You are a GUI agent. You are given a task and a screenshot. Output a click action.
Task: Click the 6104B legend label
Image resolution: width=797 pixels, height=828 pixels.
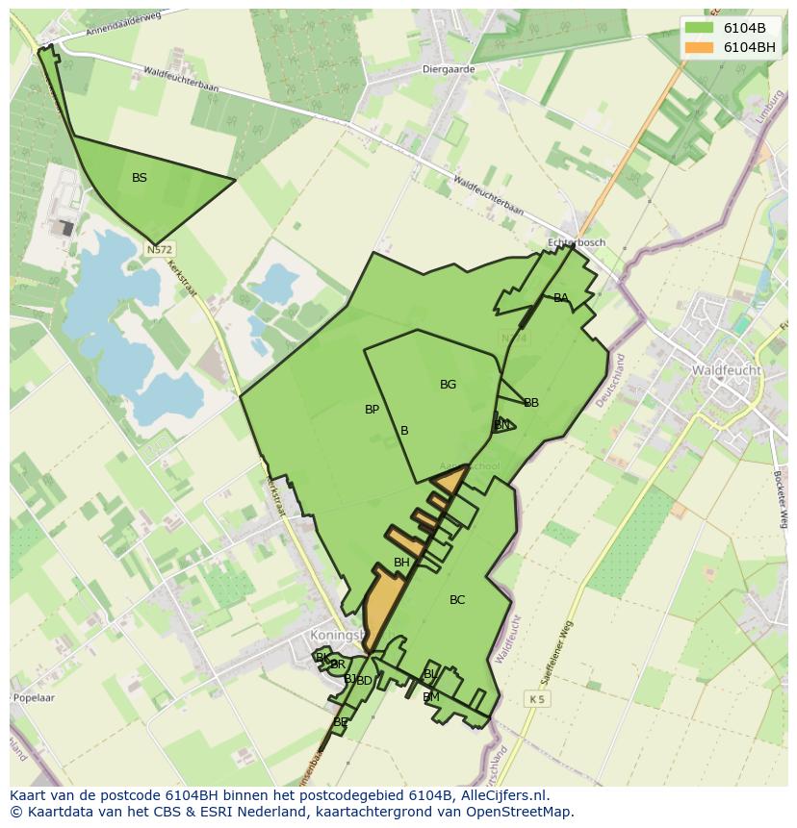point(744,28)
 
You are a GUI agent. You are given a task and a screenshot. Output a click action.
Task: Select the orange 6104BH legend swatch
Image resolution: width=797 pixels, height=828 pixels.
point(700,47)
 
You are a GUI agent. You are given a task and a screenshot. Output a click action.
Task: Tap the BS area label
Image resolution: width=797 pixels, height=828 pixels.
point(140,178)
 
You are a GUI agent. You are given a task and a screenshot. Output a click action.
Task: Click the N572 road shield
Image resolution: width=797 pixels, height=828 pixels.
point(160,249)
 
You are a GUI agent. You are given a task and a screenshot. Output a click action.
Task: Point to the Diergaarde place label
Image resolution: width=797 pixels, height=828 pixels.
point(450,69)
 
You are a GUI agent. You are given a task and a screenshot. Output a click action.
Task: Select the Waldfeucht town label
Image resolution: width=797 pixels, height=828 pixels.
point(726,370)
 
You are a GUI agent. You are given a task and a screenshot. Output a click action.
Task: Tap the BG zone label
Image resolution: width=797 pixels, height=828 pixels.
point(448,385)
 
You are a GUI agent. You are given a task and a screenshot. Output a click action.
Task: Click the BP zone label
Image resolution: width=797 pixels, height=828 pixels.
point(372,410)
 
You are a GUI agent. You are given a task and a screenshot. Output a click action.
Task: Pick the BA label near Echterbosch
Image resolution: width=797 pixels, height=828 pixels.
point(560,298)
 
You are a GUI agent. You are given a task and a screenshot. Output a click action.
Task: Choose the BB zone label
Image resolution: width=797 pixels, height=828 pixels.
point(530,403)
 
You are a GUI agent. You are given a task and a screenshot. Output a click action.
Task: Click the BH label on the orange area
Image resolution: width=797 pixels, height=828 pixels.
point(401,563)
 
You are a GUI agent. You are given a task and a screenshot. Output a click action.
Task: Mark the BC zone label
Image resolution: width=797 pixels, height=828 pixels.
point(457,600)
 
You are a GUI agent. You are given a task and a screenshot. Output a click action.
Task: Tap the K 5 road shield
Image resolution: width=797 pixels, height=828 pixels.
point(536,699)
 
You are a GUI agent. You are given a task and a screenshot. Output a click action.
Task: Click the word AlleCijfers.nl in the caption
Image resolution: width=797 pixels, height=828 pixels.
point(501,795)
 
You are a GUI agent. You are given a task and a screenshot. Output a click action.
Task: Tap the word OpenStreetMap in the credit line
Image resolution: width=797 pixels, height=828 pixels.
point(519,812)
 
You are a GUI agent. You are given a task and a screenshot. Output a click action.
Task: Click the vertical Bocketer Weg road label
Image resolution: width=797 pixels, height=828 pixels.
point(781,498)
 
